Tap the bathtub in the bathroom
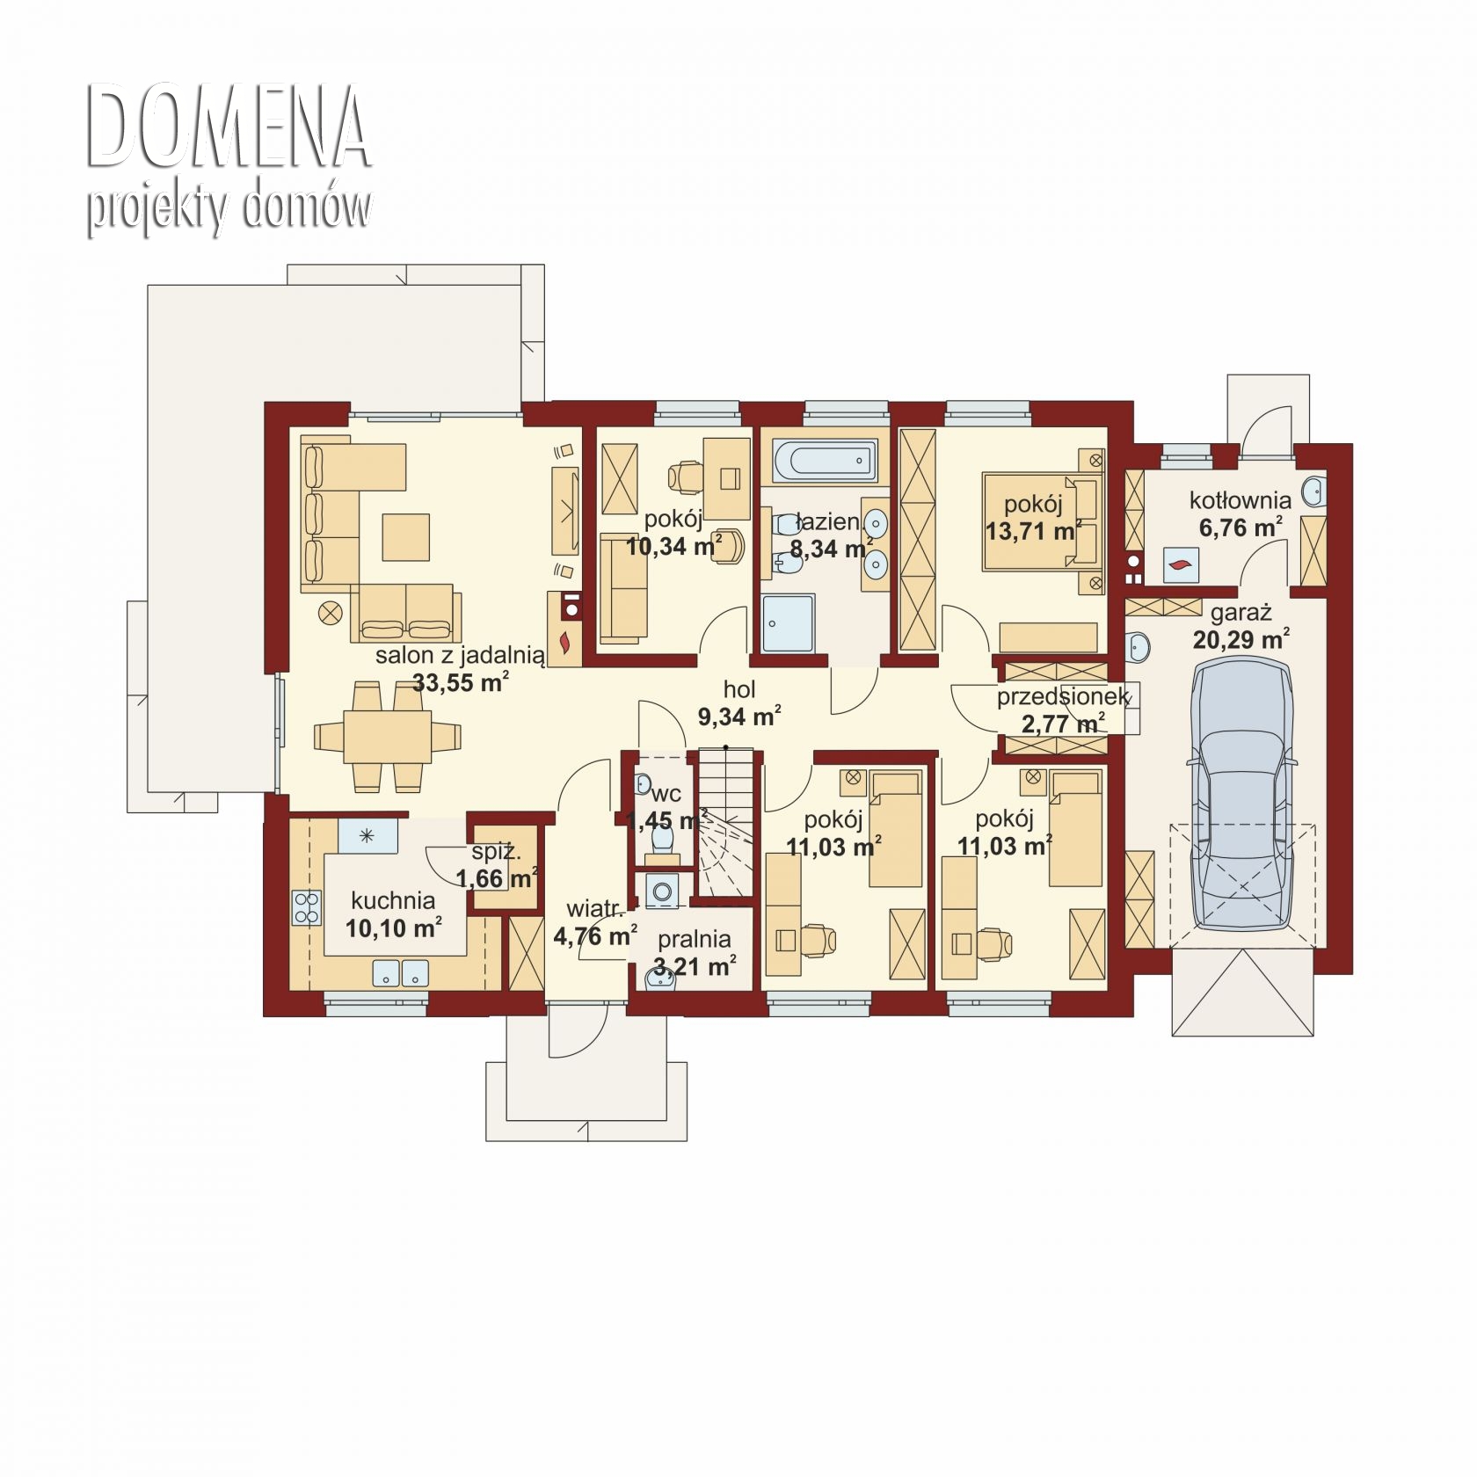pos(825,461)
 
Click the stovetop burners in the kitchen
pos(307,907)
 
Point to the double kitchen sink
pos(401,972)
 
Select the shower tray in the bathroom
pos(789,623)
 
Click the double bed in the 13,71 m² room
pos(1043,520)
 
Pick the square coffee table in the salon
pos(406,537)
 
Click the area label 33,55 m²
pos(461,683)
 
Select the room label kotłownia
pos(1241,500)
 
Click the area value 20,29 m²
pos(1241,638)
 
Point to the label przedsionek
pos(1062,697)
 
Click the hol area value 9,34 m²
pos(739,717)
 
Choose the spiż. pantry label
pos(497,851)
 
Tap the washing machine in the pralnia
pos(661,891)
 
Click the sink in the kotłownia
pos(1314,491)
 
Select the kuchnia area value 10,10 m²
pos(393,928)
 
